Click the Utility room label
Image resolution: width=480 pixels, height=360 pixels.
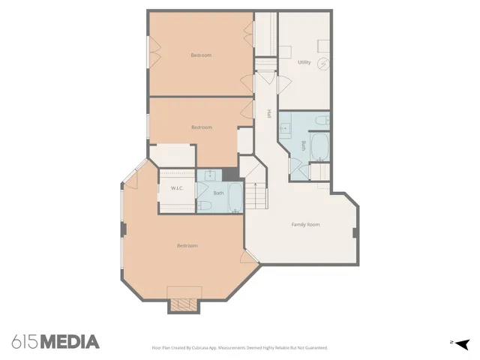point(304,62)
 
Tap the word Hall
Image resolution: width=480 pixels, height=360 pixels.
point(268,114)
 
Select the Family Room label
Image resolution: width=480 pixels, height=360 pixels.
point(305,224)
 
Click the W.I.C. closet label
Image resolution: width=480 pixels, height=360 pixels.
point(177,188)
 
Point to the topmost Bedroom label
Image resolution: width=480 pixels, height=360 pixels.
point(200,55)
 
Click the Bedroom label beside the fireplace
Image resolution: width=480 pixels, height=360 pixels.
point(187,246)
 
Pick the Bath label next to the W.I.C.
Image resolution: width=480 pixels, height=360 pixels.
point(218,193)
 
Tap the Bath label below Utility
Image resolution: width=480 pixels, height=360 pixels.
point(303,145)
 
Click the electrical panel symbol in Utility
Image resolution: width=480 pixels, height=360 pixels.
point(323,64)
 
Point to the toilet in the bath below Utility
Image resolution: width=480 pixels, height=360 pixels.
point(320,119)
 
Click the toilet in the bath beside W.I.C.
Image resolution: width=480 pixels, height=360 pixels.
point(204,205)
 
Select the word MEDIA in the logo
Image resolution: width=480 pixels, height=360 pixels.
point(70,342)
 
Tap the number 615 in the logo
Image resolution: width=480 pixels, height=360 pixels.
point(25,342)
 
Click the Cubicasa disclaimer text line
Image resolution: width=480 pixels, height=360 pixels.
point(239,348)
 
